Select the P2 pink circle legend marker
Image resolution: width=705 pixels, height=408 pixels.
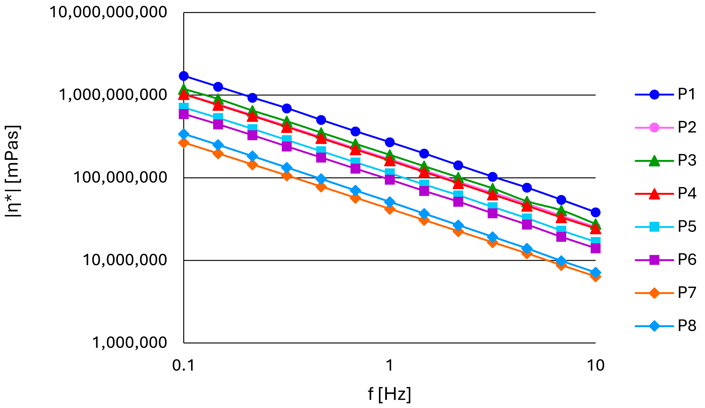[x=654, y=127]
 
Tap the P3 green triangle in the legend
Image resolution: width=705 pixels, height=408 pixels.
[x=654, y=161]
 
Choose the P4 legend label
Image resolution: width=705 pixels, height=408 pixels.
[x=687, y=193]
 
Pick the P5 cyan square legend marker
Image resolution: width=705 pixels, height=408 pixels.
[x=654, y=227]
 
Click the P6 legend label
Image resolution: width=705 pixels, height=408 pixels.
[x=687, y=260]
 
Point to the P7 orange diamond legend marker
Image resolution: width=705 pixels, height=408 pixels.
[x=654, y=293]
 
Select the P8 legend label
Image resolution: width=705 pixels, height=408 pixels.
[x=687, y=326]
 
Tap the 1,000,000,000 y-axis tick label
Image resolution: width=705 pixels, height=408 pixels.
[x=113, y=95]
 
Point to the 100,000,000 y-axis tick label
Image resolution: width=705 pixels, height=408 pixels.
[x=120, y=177]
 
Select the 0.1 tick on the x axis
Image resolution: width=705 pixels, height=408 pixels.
[x=183, y=365]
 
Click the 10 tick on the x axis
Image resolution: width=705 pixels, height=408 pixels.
[x=596, y=365]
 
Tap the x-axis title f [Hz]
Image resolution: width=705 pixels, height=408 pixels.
[x=389, y=394]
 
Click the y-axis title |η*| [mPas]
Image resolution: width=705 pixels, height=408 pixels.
[x=13, y=171]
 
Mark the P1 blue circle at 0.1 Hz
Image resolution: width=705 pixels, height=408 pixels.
[x=184, y=76]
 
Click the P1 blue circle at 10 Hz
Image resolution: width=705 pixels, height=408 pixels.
[x=595, y=213]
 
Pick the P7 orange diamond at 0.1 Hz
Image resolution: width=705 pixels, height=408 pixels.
[x=184, y=143]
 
